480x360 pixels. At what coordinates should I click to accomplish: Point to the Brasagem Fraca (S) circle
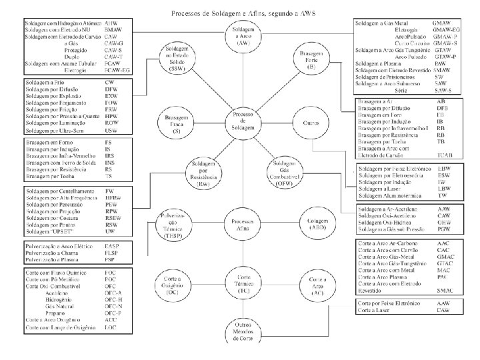pyautogui.click(x=176, y=124)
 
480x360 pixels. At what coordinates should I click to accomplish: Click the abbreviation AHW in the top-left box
pyautogui.click(x=113, y=22)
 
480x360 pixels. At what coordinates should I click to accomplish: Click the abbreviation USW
pyautogui.click(x=111, y=130)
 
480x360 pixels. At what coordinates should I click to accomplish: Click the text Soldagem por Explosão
pyautogui.click(x=53, y=97)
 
